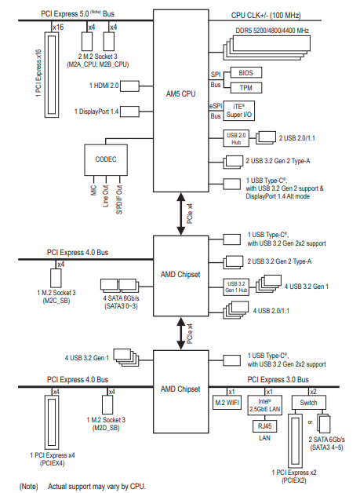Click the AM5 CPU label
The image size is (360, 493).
180,93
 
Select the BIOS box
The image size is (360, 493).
246,73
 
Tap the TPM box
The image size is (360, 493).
246,88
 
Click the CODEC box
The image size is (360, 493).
106,159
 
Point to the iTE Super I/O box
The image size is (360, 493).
238,111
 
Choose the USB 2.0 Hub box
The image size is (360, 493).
236,138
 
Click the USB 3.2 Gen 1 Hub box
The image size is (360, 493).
236,287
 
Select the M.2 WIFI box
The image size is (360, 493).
227,403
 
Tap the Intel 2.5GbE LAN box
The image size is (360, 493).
264,405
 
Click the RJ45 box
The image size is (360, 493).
264,426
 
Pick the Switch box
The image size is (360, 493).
308,403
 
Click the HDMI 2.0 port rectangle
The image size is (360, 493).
129,86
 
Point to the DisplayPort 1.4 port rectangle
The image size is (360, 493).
129,111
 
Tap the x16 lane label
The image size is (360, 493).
58,27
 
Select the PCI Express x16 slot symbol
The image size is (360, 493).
52,75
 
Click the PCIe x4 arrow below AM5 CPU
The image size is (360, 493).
181,214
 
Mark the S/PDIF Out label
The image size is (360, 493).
119,199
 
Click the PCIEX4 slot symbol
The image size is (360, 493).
52,422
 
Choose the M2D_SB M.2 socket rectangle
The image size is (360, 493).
107,404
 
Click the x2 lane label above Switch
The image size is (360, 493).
313,392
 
